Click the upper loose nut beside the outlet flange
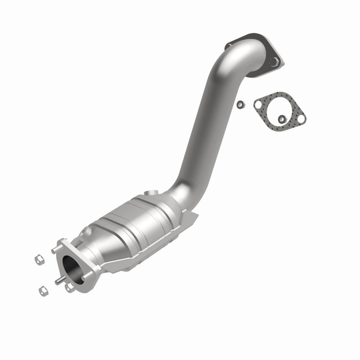click(39, 260)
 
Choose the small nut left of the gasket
click(241, 104)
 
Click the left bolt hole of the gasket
click(258, 105)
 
